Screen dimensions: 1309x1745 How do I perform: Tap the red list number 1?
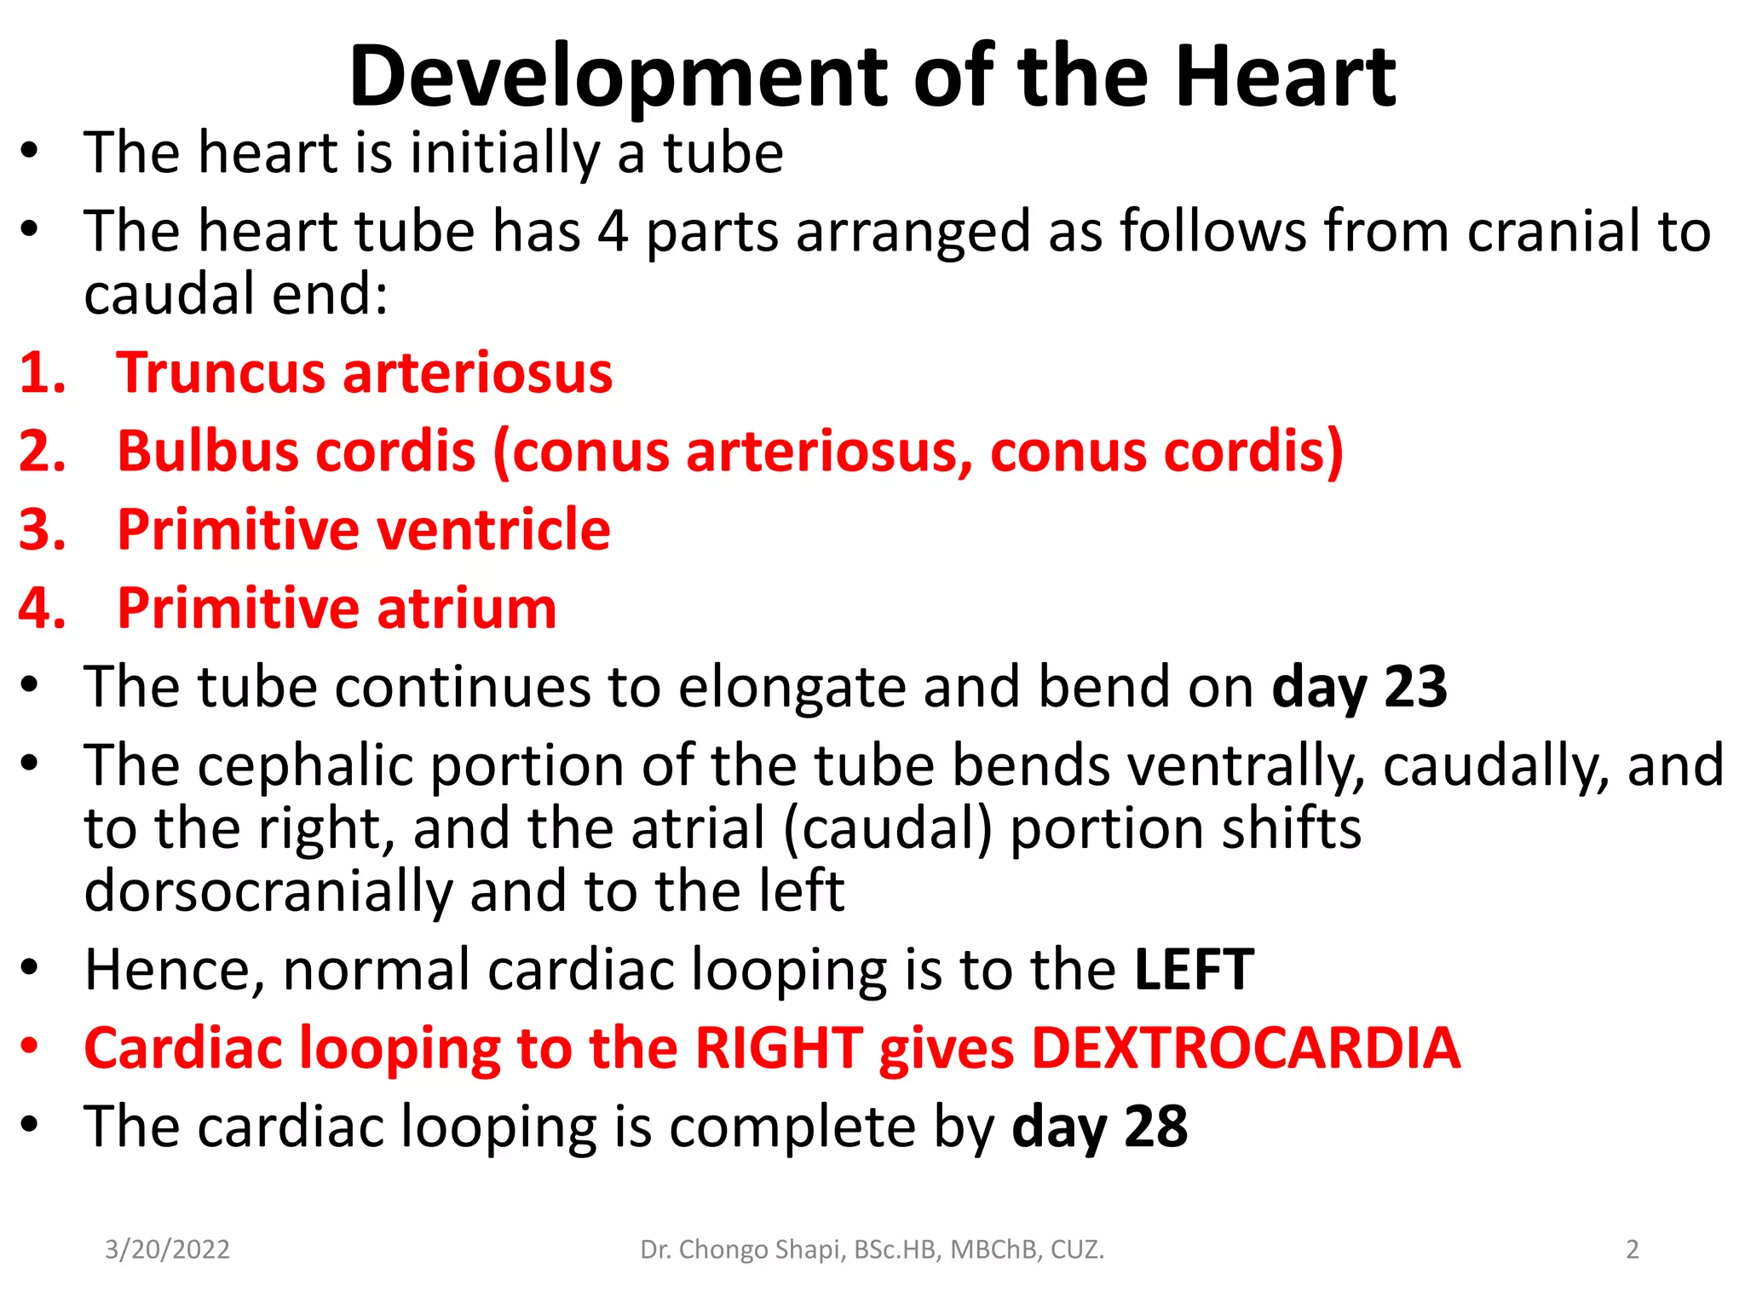42,373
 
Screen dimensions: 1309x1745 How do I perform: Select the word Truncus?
221,373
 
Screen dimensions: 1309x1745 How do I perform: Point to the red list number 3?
42,530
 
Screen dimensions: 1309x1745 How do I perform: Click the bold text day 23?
1359,687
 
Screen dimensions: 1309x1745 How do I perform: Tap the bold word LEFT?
1194,970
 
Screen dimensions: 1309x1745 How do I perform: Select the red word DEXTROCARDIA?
1246,1048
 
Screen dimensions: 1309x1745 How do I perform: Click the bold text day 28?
1099,1127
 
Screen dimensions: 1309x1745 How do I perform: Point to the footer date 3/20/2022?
167,1249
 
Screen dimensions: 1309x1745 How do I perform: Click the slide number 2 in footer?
1632,1249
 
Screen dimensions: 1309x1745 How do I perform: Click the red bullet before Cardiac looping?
31,1047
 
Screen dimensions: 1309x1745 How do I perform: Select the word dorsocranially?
268,891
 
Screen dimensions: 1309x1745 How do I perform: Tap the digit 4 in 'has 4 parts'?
612,232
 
